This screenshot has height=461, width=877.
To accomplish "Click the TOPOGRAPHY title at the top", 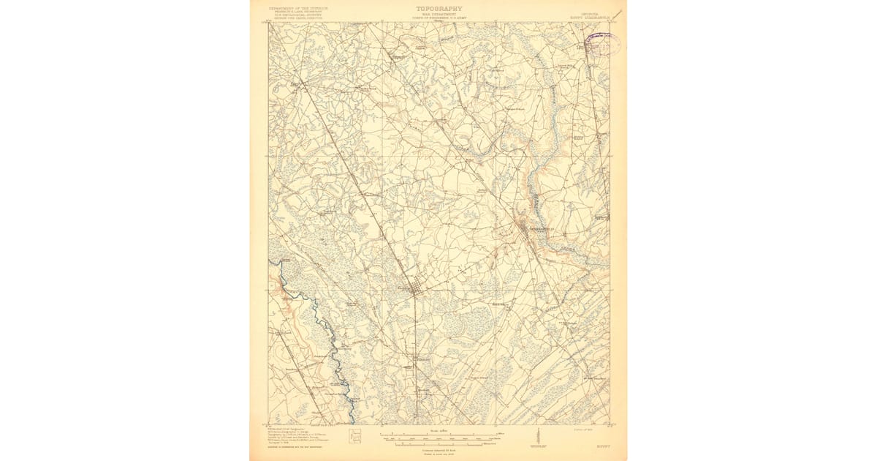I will click(x=439, y=9).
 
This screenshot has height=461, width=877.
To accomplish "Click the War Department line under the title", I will click(x=439, y=15).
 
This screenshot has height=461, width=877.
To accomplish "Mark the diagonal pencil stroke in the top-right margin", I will click(x=617, y=14).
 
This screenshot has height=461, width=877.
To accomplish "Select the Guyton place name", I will click(x=403, y=288).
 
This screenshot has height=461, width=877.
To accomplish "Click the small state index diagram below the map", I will click(x=355, y=437).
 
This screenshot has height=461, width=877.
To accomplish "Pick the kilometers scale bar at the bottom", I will click(x=438, y=443).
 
